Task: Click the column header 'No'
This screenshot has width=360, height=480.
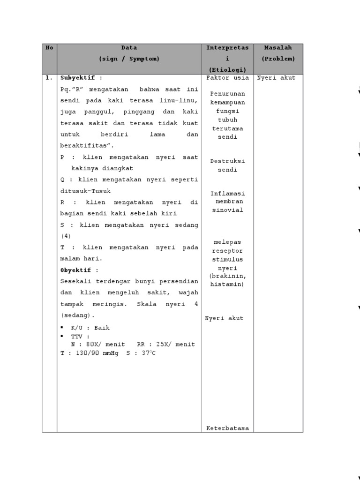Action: click(49, 48)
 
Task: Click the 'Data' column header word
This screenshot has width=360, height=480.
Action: click(129, 48)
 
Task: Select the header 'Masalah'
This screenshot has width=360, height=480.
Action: click(278, 48)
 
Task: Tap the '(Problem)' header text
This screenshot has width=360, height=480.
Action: click(278, 59)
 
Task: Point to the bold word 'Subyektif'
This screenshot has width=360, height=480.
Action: click(78, 78)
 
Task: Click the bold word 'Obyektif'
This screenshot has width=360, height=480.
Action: click(76, 270)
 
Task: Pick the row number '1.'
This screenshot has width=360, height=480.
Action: click(49, 78)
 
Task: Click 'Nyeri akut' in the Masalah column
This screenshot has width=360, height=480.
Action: click(276, 78)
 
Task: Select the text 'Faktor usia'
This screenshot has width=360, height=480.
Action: click(227, 78)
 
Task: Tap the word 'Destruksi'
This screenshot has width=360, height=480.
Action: click(227, 161)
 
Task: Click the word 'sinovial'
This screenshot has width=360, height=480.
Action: click(227, 210)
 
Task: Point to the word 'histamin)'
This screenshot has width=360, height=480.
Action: click(227, 285)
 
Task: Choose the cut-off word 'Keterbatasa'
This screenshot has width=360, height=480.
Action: click(227, 428)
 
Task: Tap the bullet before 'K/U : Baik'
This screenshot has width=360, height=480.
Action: click(62, 328)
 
